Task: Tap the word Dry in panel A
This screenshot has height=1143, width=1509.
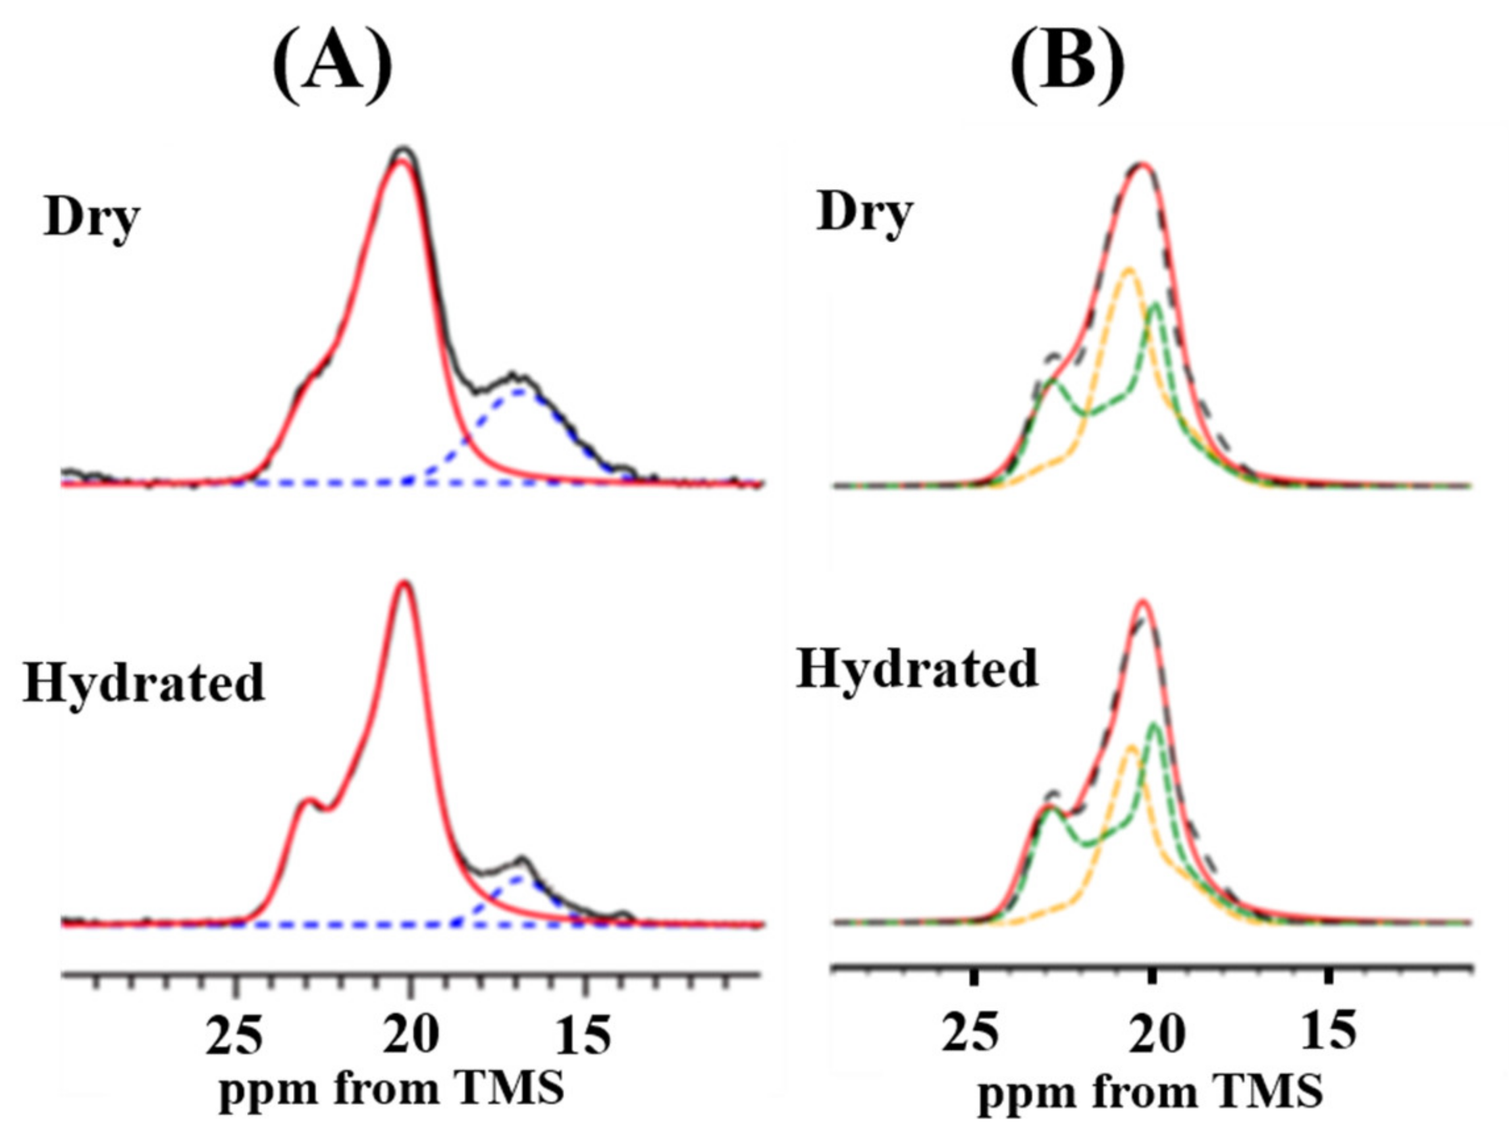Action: click(x=92, y=218)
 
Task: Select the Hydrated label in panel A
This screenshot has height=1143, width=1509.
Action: click(x=144, y=682)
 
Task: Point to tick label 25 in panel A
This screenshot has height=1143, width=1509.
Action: click(x=234, y=1034)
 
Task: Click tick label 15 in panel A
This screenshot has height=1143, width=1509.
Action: click(x=583, y=1034)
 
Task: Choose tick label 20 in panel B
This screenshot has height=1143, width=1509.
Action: click(x=1152, y=1031)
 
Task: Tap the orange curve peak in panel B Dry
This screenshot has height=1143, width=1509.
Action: click(x=1128, y=268)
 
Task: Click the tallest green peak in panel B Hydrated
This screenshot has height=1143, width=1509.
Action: click(x=1155, y=724)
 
